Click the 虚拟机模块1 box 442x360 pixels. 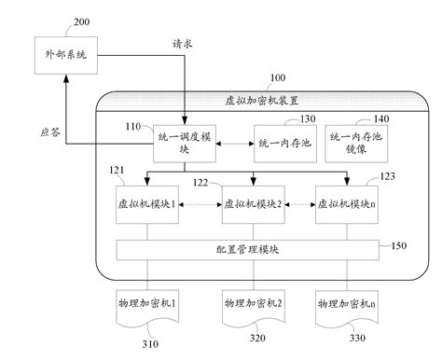click(x=145, y=203)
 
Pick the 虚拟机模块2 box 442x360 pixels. click(x=251, y=203)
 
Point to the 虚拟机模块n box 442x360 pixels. click(x=344, y=203)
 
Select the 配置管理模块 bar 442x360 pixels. click(x=247, y=249)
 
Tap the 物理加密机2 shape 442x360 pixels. click(x=251, y=305)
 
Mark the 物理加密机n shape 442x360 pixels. click(x=345, y=305)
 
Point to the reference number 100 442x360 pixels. click(x=278, y=81)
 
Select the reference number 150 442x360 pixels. click(x=398, y=246)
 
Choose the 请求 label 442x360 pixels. click(x=184, y=44)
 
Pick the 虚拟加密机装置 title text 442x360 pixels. click(x=253, y=100)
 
